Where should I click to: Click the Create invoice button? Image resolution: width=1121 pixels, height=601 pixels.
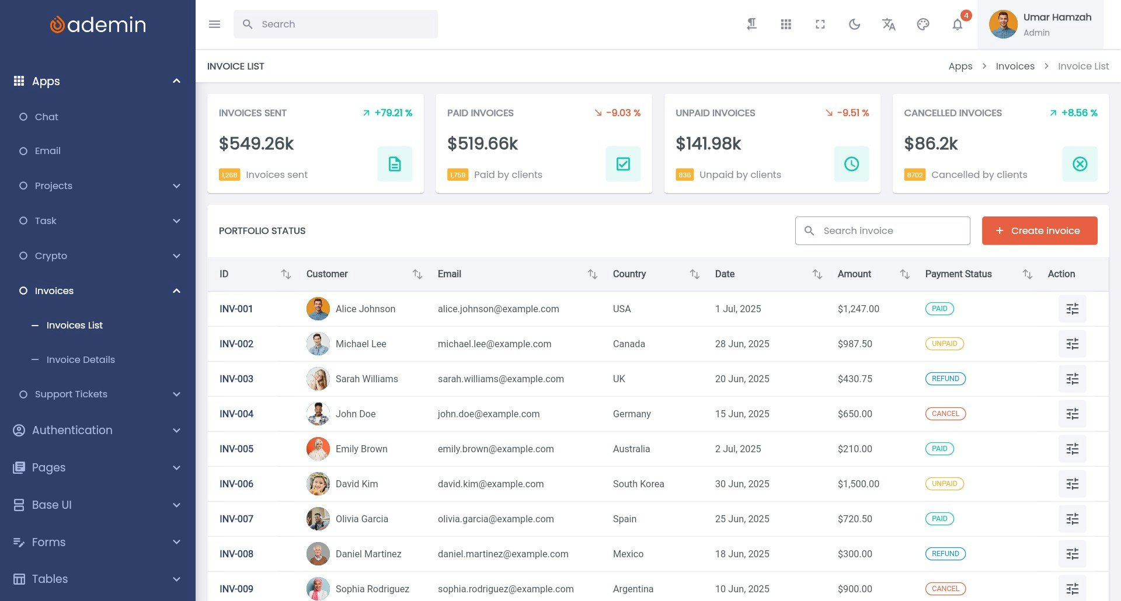pyautogui.click(x=1039, y=230)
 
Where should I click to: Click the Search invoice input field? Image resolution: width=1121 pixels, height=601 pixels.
pyautogui.click(x=882, y=230)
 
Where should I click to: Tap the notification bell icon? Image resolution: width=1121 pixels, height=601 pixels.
pyautogui.click(x=957, y=24)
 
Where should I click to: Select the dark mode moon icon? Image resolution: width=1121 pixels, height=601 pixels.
pyautogui.click(x=854, y=24)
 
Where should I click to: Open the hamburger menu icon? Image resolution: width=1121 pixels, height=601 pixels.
pyautogui.click(x=214, y=24)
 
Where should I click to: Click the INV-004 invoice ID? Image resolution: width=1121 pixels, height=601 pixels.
pyautogui.click(x=236, y=414)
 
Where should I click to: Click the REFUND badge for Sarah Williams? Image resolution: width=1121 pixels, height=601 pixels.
pyautogui.click(x=945, y=379)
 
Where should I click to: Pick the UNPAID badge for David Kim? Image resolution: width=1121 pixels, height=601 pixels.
pyautogui.click(x=944, y=484)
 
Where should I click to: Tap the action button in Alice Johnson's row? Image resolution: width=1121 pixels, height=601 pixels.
pyautogui.click(x=1072, y=309)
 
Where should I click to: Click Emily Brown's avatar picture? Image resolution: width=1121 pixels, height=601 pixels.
pyautogui.click(x=318, y=449)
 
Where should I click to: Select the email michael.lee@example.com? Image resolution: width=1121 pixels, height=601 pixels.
pyautogui.click(x=495, y=344)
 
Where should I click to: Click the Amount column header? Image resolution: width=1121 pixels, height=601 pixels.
pyautogui.click(x=854, y=274)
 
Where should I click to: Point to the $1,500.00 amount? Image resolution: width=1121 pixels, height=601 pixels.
pyautogui.click(x=858, y=484)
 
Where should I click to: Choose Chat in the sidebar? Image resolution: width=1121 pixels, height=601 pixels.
pyautogui.click(x=47, y=117)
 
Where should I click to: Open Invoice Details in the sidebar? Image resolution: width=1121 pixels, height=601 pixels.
pyautogui.click(x=81, y=359)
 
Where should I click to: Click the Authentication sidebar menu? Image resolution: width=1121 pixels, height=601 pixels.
pyautogui.click(x=72, y=430)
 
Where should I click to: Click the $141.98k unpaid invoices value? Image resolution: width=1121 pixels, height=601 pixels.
pyautogui.click(x=708, y=144)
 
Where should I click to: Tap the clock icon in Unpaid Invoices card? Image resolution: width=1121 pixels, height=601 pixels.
pyautogui.click(x=851, y=164)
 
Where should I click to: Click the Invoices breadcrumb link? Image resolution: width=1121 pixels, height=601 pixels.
pyautogui.click(x=1015, y=66)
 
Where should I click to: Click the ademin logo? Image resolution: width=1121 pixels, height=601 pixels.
pyautogui.click(x=98, y=25)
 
